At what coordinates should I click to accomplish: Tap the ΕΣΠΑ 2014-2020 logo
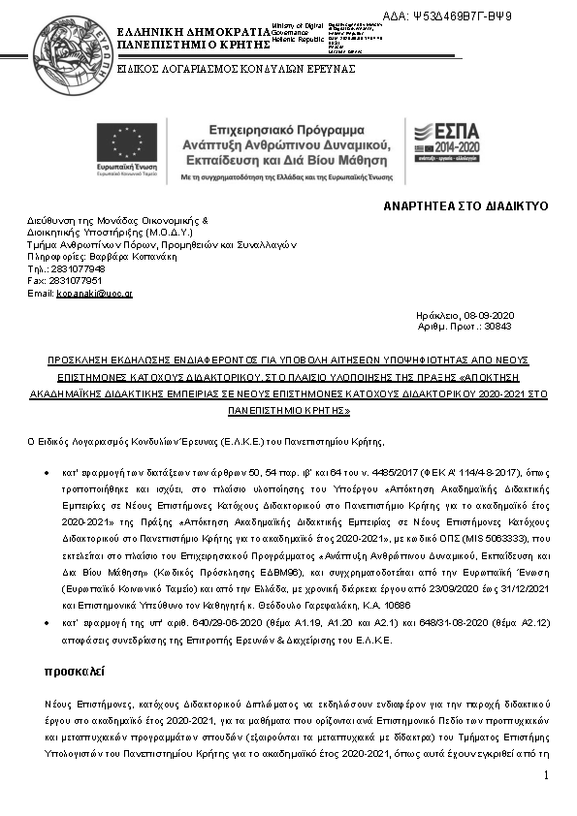click(452, 143)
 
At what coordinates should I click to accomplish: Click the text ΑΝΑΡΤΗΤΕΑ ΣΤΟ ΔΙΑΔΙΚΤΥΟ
click(465, 206)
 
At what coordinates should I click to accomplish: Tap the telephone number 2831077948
click(73, 268)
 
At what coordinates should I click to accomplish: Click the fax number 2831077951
click(75, 280)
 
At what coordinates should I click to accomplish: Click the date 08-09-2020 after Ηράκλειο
click(493, 316)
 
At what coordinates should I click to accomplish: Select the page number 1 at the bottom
click(547, 775)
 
